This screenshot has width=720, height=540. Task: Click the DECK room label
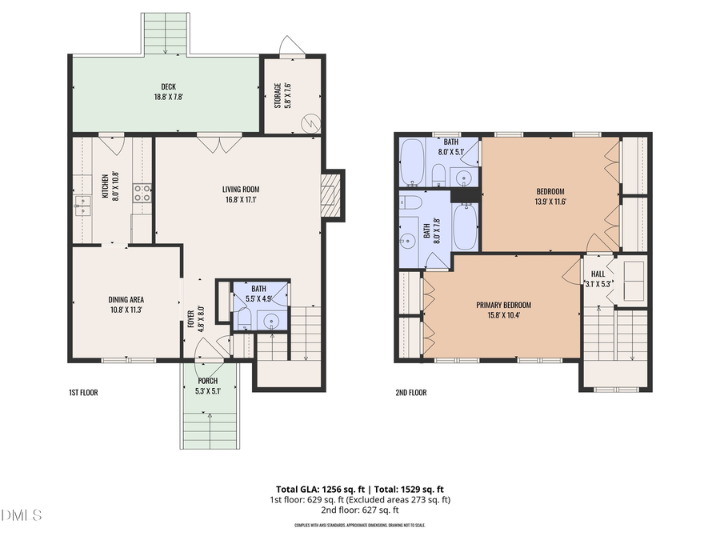(168, 87)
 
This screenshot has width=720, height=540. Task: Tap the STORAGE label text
(278, 95)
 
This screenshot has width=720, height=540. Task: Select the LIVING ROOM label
(241, 190)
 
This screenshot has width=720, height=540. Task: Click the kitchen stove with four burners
(142, 192)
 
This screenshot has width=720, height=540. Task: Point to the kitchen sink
(82, 206)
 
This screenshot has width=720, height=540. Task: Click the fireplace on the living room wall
(331, 194)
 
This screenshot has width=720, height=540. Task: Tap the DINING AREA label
(126, 299)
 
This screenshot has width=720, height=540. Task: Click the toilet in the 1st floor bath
(245, 318)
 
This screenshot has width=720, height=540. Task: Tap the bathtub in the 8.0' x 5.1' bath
(413, 162)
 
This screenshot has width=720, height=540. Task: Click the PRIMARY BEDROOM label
(503, 305)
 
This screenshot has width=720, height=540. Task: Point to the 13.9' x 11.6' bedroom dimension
(550, 202)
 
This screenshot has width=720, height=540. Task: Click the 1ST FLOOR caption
(82, 393)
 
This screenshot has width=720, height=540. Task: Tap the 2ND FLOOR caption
(411, 393)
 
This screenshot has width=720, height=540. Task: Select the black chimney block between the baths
(465, 195)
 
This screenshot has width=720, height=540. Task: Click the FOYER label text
(190, 319)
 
